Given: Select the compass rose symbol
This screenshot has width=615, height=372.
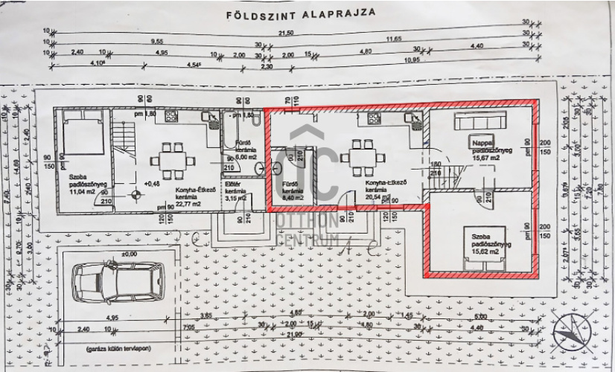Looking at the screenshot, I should (x=575, y=330).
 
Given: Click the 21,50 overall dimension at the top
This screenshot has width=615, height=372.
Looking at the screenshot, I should (x=286, y=34).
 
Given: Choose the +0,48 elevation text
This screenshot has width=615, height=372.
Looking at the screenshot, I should (x=153, y=183).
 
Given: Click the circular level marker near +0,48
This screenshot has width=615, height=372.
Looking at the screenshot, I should (x=136, y=195).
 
